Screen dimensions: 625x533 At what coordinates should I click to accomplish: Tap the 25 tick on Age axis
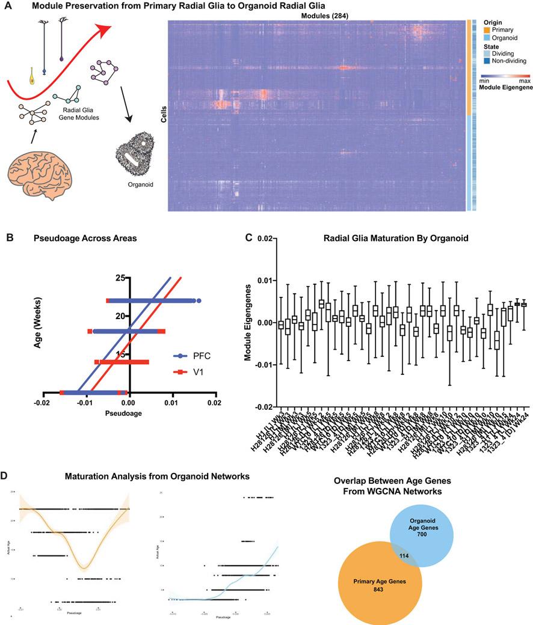point(119,278)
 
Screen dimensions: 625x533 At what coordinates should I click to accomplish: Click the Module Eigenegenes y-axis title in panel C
point(247,323)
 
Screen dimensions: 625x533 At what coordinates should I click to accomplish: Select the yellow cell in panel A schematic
point(32,76)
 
